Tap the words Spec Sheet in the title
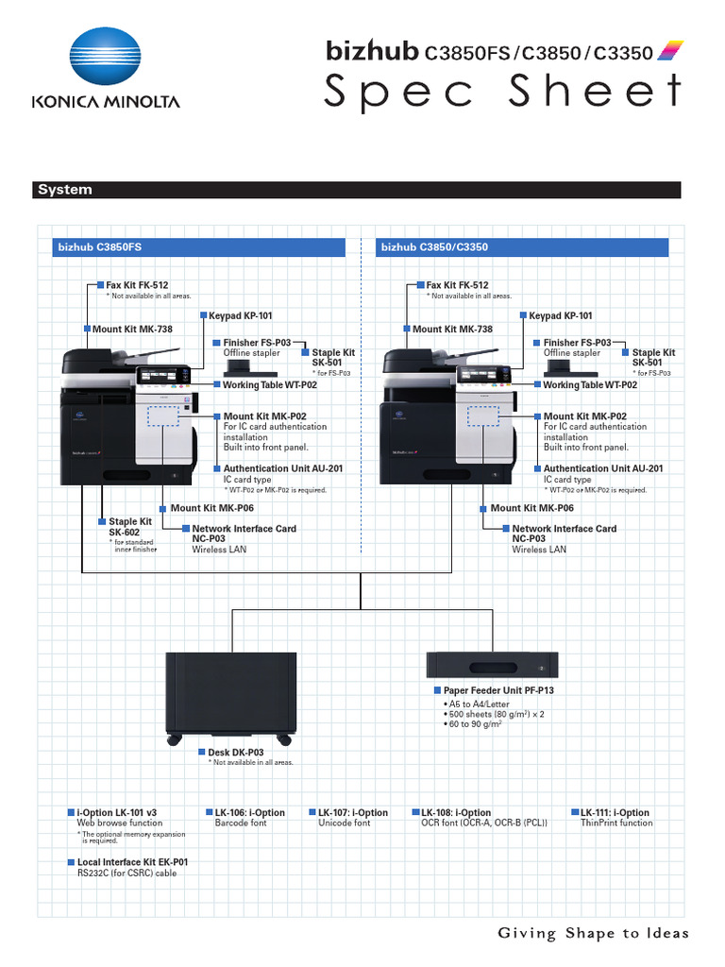502,92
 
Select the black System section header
359,190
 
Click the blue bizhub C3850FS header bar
203,247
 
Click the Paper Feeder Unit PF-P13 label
498,690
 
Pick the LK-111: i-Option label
615,812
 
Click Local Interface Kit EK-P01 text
132,862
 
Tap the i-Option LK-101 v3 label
117,812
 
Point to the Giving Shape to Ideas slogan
593,934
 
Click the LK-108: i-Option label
456,812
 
